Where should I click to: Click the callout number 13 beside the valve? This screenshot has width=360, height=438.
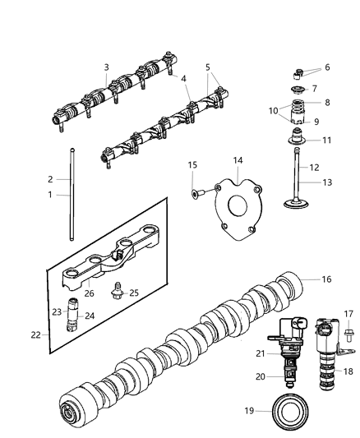coord(328,182)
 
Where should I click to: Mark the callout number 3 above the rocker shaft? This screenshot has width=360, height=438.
coord(106,67)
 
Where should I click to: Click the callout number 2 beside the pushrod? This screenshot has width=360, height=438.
coord(50,178)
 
